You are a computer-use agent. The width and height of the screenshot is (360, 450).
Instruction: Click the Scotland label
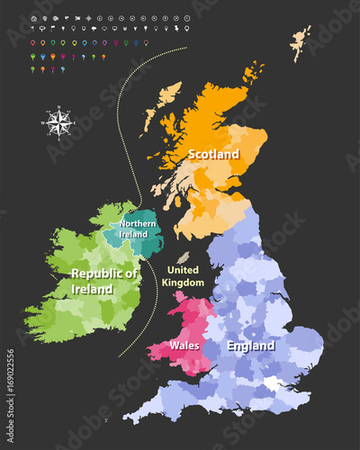point(213,154)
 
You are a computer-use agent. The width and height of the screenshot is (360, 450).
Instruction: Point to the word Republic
point(104,273)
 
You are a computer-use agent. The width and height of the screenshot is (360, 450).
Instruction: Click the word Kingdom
point(184,282)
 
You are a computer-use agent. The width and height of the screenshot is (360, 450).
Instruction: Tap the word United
point(184,269)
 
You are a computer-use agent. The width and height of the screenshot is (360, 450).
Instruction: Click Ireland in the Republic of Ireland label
point(94,289)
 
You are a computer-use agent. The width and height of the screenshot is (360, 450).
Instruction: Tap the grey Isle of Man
point(184,257)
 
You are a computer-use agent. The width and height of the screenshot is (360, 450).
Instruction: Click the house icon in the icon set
point(33,18)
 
